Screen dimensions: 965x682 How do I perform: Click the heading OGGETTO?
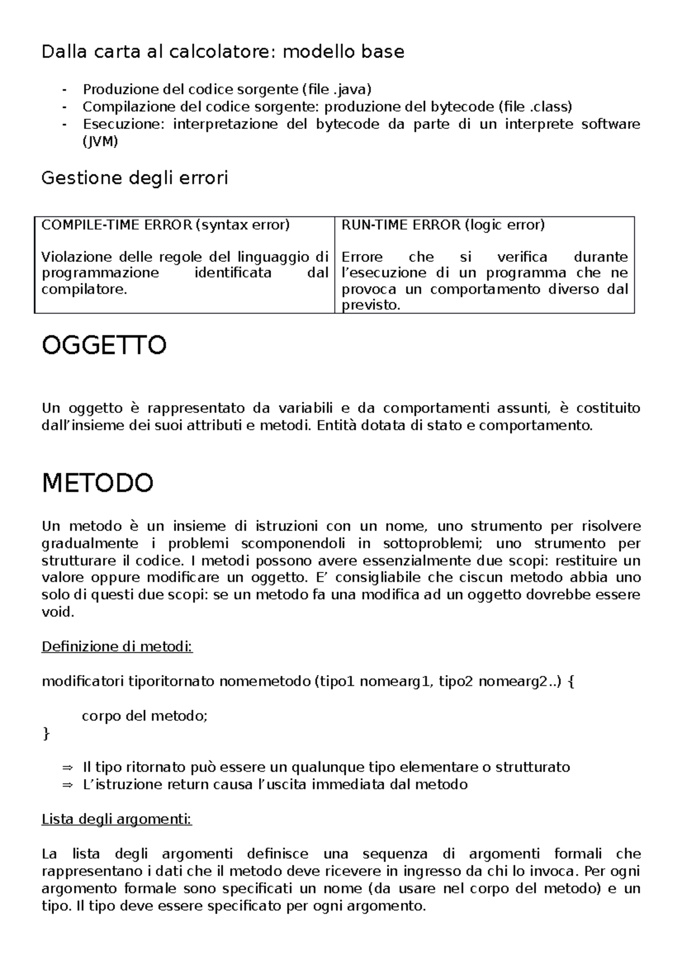click(x=104, y=346)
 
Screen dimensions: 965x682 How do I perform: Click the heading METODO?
click(x=98, y=483)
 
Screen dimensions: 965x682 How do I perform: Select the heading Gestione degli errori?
click(x=135, y=178)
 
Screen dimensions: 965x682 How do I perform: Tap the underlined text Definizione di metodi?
click(x=117, y=647)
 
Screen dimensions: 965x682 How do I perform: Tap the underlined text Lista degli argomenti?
click(x=117, y=819)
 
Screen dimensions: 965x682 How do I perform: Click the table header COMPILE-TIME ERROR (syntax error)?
click(x=165, y=225)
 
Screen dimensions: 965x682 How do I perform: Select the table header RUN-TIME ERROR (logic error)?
click(x=443, y=225)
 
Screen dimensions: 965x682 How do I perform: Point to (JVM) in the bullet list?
click(x=100, y=142)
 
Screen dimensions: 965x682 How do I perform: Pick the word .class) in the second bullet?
click(x=551, y=107)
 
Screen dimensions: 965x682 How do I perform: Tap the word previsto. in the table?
click(x=371, y=305)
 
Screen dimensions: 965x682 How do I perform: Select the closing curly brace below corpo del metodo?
click(x=46, y=734)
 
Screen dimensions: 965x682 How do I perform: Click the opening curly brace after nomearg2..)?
click(x=571, y=681)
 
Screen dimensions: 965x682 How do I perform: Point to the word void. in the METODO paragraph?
click(x=58, y=613)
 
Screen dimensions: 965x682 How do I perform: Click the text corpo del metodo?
click(x=145, y=716)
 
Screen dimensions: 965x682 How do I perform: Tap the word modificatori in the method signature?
click(x=83, y=681)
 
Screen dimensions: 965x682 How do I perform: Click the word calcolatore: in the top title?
click(x=221, y=52)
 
